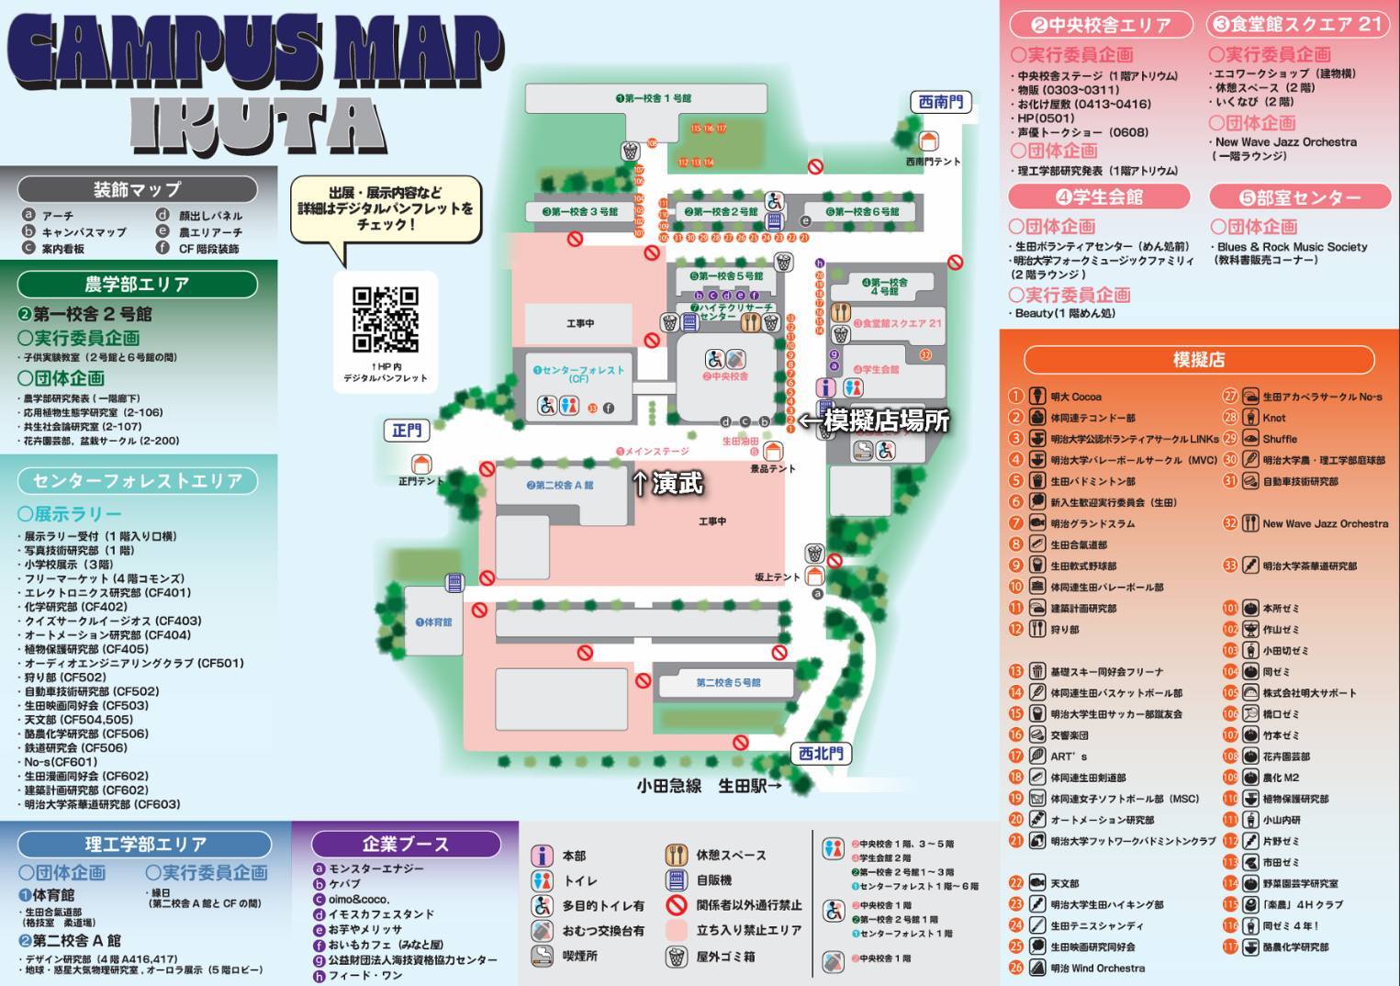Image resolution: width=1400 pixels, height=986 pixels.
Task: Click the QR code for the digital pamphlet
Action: (x=386, y=319)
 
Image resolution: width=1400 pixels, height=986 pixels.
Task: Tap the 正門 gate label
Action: (x=407, y=431)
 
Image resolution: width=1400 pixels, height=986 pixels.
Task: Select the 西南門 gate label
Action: (x=941, y=102)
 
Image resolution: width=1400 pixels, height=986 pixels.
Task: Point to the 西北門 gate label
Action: (x=821, y=754)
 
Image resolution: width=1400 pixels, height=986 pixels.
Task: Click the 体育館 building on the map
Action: (x=433, y=622)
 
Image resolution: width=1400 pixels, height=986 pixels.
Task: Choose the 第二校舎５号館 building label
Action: (x=728, y=682)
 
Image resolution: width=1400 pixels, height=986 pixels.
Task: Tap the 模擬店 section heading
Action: (x=1198, y=360)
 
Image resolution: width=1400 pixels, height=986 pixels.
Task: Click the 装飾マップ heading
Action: (x=137, y=190)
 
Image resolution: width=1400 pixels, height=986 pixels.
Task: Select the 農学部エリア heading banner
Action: (x=137, y=285)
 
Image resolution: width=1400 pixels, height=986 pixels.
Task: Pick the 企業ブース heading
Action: (x=405, y=844)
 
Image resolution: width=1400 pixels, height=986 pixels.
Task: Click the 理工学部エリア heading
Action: (x=145, y=844)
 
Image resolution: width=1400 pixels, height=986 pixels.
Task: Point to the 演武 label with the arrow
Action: (x=668, y=483)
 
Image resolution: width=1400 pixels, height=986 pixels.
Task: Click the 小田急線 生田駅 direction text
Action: (x=709, y=786)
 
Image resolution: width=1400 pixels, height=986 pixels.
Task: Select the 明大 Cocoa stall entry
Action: (x=1075, y=397)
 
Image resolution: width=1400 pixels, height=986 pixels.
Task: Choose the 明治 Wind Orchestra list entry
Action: (x=1097, y=968)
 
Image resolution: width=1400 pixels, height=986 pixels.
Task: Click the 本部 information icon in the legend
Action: (x=543, y=856)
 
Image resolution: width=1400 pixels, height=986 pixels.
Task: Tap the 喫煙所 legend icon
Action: (x=543, y=956)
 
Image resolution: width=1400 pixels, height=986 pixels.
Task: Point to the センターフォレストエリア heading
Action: (x=138, y=481)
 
